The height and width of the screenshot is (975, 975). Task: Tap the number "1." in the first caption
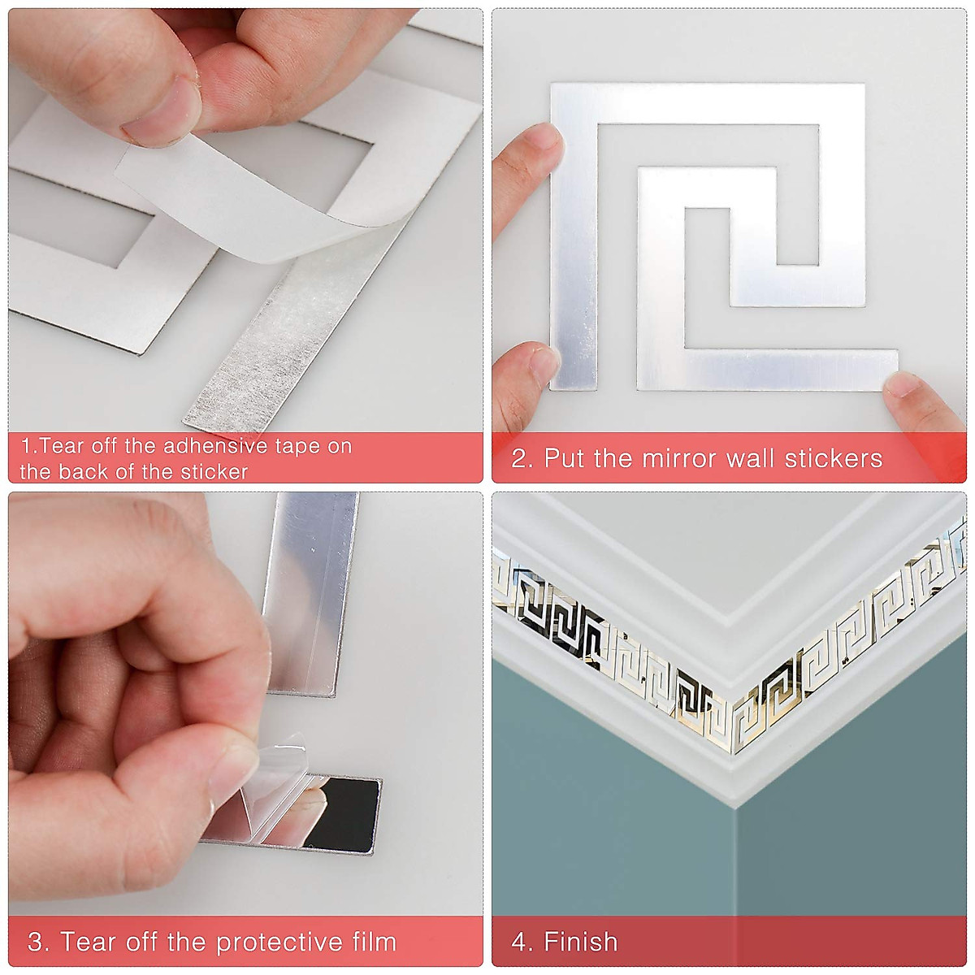pos(28,446)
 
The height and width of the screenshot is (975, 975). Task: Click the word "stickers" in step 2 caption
pos(833,458)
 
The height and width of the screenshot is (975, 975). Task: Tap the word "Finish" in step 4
pos(580,942)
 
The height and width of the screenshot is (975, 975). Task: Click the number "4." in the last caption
pos(522,942)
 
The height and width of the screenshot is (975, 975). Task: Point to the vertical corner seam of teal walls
pos(735,861)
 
